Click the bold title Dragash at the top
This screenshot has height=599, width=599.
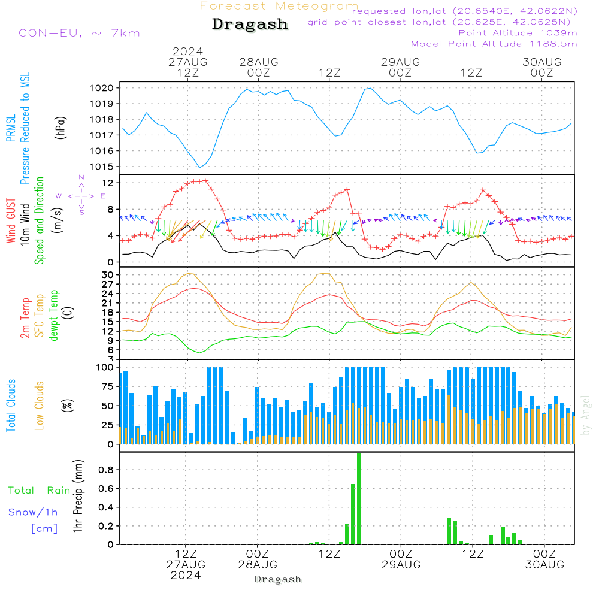coord(250,24)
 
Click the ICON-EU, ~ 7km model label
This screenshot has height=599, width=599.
coord(77,33)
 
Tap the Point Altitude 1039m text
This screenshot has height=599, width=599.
coord(518,33)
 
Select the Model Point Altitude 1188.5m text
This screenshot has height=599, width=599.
coord(494,44)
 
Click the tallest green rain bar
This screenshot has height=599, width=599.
coord(359,499)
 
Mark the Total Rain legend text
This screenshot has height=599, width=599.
coord(39,491)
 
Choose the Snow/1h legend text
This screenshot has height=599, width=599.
coord(33,512)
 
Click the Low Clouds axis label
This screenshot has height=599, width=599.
coord(40,405)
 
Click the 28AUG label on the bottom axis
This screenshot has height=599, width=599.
coord(258,565)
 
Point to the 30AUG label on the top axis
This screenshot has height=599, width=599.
coord(542,62)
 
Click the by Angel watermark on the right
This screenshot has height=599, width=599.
coord(586,414)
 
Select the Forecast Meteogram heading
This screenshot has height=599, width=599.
coord(279,6)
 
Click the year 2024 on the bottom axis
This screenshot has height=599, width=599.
coord(186,576)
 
